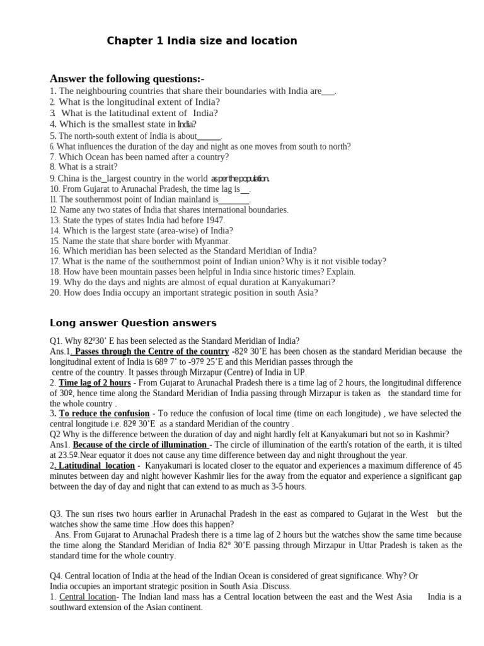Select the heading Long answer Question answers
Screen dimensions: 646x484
pos(133,323)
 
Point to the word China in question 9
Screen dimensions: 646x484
pos(71,179)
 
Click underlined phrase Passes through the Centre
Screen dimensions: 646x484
pos(151,351)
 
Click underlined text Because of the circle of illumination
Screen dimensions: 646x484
pos(140,445)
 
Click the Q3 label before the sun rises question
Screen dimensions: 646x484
pos(56,514)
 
